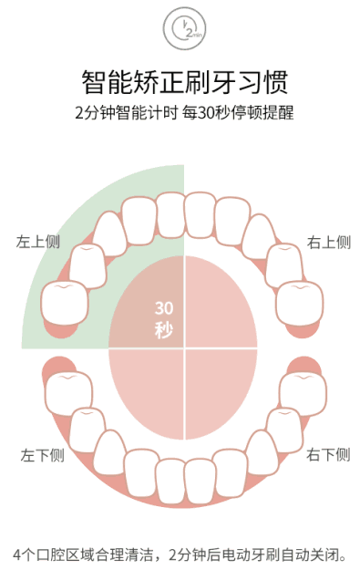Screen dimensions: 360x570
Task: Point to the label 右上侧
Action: (x=328, y=243)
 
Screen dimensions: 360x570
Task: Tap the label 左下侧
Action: (x=43, y=454)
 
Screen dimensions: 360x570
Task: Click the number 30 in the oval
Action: (x=163, y=307)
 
